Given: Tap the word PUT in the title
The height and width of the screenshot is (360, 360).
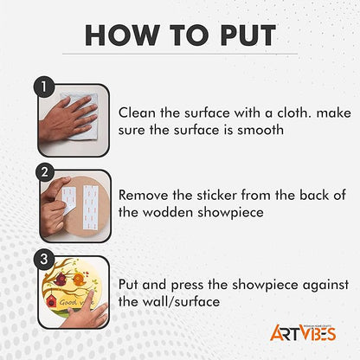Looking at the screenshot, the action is (x=248, y=35).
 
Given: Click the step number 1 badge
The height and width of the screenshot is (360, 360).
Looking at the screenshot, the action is (x=44, y=87).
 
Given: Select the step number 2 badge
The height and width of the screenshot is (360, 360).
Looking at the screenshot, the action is (x=45, y=172).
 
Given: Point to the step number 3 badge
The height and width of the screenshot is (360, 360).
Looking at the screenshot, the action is (x=44, y=260).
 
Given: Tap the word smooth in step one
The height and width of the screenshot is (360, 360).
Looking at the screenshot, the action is (x=260, y=130).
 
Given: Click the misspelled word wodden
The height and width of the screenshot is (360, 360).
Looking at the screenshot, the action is (x=168, y=212).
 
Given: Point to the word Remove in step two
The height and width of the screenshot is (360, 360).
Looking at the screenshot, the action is (x=144, y=195).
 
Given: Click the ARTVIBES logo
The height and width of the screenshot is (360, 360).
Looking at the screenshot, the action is (x=303, y=332).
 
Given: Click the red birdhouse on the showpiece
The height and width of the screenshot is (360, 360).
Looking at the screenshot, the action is (x=51, y=300).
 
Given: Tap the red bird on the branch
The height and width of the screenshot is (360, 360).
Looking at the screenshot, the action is (x=61, y=280).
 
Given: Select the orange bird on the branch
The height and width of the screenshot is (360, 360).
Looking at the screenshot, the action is (x=79, y=279).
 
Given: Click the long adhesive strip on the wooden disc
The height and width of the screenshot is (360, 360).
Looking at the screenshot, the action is (x=90, y=207).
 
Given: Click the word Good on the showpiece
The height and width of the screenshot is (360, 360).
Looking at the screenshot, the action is (x=67, y=302).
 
